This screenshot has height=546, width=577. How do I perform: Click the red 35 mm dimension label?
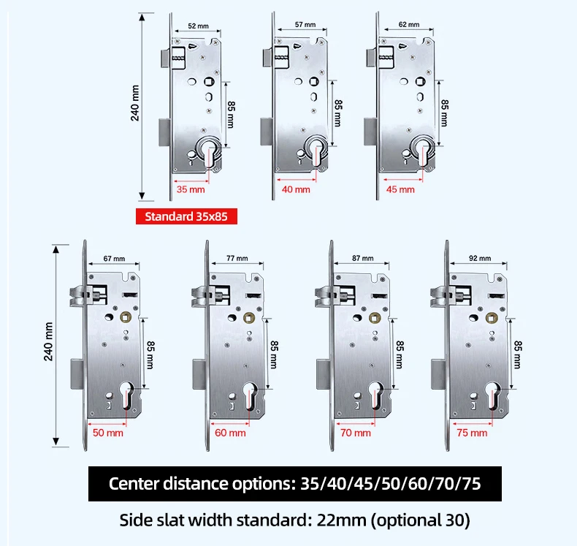coord(191,189)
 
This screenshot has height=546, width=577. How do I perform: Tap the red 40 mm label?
coord(296,189)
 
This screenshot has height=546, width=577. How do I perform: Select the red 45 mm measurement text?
coord(400,189)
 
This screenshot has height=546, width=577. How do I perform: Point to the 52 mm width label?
coord(199,26)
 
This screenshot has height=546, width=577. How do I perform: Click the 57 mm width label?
coord(305,25)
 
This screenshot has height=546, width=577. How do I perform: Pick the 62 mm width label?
coord(409,25)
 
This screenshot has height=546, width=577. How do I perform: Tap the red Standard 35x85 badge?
coord(186,216)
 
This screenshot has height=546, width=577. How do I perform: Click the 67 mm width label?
coord(114,259)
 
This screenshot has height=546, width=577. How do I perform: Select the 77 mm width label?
coord(237,258)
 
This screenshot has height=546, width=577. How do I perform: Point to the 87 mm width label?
coord(362,258)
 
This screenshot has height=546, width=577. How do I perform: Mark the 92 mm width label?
coord(480,258)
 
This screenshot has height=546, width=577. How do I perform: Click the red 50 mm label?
coord(108,433)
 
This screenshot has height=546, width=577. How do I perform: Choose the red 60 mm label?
coord(230,433)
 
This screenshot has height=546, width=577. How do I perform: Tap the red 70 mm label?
coord(356,433)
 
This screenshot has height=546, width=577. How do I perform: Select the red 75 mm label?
coord(472,433)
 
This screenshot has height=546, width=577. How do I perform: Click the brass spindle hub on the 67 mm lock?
coord(126,316)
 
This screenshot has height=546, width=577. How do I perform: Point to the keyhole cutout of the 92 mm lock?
coord(493,395)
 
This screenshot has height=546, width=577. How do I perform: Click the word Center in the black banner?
coord(133,483)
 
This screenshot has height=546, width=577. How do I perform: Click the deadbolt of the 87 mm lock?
coord(324,375)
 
